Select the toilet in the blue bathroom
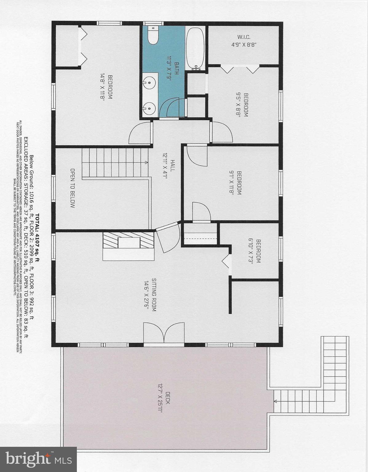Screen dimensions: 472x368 coord(152,36)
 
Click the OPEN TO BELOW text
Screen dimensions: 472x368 coord(73,188)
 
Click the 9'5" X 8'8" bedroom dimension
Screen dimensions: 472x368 coord(238,105)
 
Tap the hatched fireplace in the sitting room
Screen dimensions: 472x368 coord(128,240)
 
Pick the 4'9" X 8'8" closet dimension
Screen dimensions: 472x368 coord(244,44)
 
